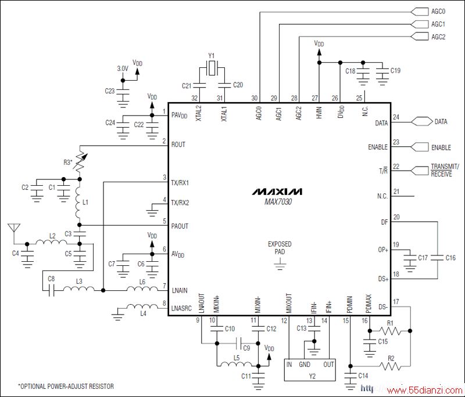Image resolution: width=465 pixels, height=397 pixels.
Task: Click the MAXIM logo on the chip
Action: pos(277,192)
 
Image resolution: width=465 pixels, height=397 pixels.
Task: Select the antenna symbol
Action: pos(13,229)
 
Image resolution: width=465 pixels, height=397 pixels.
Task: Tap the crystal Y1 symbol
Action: pos(212,68)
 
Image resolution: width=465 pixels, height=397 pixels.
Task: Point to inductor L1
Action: pos(79,203)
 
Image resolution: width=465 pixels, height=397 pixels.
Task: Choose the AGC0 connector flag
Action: pos(420,12)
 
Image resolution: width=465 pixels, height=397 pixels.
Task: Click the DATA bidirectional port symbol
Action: pos(421,122)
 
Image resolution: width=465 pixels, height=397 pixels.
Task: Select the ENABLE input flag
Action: pos(420,147)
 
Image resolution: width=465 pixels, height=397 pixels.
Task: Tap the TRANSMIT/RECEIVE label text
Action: pos(445,170)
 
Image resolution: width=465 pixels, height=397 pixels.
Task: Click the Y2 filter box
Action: pos(310,370)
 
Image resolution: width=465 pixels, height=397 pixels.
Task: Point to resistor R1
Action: pos(391,331)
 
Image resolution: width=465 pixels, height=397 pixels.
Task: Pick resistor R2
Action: pos(391,367)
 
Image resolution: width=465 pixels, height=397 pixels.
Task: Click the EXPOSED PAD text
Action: pos(280,248)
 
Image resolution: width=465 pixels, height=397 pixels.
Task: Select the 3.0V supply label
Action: pos(123,68)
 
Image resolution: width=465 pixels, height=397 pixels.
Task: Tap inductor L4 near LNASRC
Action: pos(142,306)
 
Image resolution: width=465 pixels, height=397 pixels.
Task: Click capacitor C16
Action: pos(438,258)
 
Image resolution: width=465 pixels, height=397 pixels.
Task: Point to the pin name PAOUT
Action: pos(180,226)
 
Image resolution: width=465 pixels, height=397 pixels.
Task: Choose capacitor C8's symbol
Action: pos(52,290)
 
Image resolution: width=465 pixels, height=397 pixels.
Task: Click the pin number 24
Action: pos(396,117)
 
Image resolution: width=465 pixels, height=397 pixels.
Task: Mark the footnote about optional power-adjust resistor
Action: pos(66,387)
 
